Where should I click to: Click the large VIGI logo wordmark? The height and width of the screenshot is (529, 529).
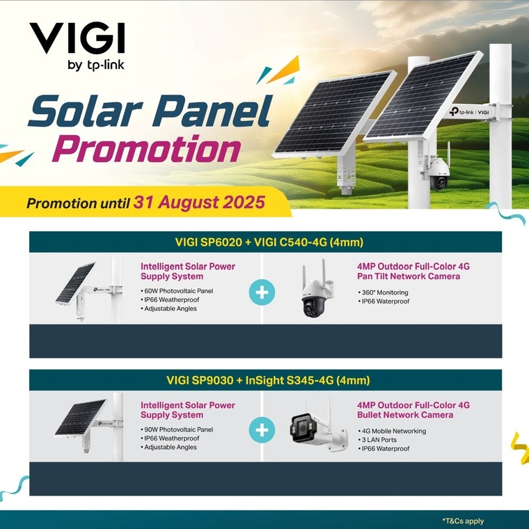point(77,38)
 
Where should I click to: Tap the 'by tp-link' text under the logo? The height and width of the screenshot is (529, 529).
point(96,65)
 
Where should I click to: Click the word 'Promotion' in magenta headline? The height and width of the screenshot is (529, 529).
point(146,150)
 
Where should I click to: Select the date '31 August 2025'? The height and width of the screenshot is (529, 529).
point(199,203)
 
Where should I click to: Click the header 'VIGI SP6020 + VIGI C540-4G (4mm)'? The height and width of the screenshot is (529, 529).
point(269,242)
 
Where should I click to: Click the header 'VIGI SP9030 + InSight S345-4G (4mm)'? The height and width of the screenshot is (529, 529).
point(268,381)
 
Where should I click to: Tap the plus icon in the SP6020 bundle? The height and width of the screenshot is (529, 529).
point(262,292)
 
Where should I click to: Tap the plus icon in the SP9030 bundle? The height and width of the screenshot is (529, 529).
point(262,430)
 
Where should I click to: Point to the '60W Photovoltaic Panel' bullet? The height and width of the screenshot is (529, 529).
point(177,291)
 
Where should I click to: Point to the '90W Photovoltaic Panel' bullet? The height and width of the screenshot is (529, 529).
point(177,429)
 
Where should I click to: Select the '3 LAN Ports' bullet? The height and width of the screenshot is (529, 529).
point(377,440)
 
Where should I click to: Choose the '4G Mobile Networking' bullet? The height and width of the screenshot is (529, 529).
point(392,431)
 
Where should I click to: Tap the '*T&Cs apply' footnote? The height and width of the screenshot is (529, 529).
point(463,521)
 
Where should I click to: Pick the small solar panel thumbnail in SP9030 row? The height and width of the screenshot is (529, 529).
point(88,427)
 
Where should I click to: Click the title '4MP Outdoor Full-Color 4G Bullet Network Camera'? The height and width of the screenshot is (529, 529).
point(413,410)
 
